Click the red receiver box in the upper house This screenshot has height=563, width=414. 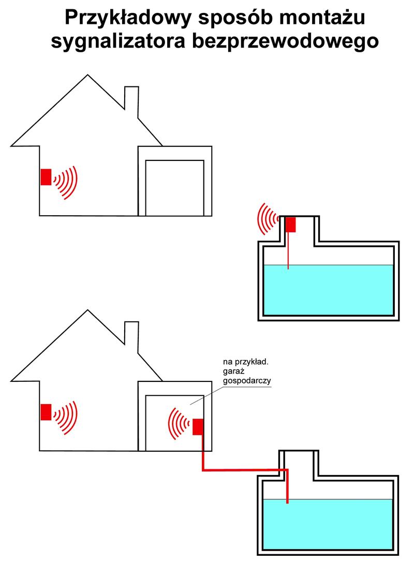tap(46, 177)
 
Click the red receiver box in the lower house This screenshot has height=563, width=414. tap(46, 412)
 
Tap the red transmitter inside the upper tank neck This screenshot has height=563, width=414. tap(290, 224)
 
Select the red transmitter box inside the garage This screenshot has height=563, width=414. tap(198, 427)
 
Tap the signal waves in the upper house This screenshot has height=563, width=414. tap(66, 182)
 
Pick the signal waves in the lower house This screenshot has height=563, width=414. tap(66, 417)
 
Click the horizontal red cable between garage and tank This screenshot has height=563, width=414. tap(243, 470)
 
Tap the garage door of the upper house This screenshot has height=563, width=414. tap(174, 188)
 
